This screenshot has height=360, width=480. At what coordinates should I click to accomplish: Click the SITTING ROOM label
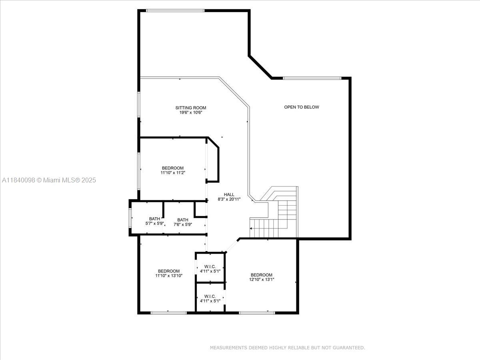click(x=191, y=108)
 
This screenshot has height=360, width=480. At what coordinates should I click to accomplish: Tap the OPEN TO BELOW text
click(x=302, y=107)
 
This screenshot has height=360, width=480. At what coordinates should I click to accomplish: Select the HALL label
click(x=229, y=194)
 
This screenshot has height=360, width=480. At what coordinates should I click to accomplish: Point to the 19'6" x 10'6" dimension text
click(x=191, y=112)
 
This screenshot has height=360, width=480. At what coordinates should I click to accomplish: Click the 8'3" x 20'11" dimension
click(x=229, y=199)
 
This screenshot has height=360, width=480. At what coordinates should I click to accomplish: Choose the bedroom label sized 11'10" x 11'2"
click(x=173, y=168)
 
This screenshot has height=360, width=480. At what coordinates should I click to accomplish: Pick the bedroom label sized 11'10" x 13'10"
click(x=169, y=271)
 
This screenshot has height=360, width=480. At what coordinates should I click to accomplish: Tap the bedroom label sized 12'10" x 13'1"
click(x=262, y=275)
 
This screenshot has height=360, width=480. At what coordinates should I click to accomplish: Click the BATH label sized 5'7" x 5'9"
click(x=155, y=219)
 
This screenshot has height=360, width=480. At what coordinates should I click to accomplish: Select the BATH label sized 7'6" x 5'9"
click(x=183, y=220)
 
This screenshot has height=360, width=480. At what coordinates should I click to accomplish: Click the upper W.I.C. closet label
click(x=210, y=267)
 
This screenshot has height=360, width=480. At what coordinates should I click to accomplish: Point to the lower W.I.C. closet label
click(x=210, y=296)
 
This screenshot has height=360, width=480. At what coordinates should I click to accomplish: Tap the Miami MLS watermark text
click(x=49, y=180)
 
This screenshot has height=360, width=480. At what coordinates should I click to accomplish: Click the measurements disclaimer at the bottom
click(x=287, y=348)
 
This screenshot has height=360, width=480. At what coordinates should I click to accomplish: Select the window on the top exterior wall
click(x=175, y=10)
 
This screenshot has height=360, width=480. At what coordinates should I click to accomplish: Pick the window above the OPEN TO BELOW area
click(x=312, y=78)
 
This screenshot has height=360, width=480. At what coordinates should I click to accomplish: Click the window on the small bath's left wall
click(x=130, y=218)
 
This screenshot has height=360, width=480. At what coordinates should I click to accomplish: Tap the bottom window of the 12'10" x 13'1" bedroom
click(x=257, y=313)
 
